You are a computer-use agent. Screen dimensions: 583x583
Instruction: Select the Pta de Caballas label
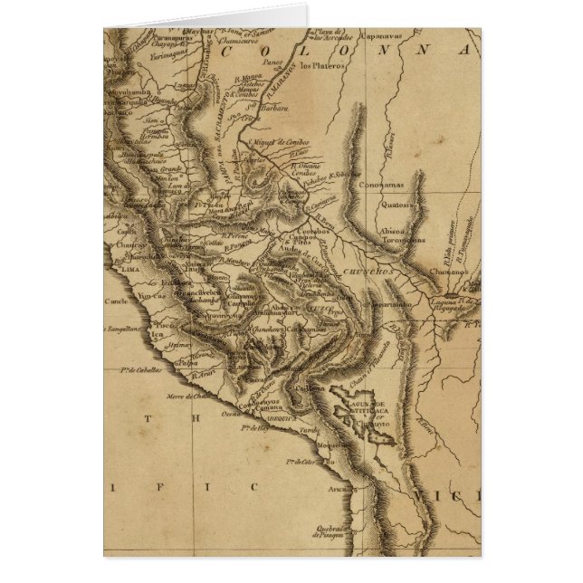coord(140,370)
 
